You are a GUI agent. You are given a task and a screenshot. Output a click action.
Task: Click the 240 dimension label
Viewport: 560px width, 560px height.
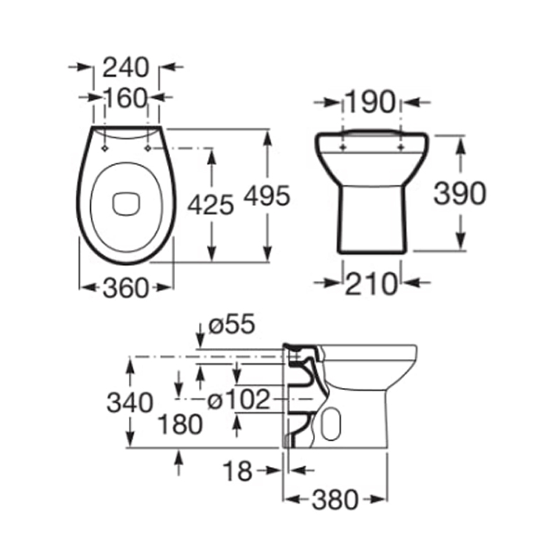[126, 67]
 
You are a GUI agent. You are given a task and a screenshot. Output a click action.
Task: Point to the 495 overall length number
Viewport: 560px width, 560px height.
[267, 197]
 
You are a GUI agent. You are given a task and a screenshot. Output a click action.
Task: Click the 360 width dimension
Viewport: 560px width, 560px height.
[126, 287]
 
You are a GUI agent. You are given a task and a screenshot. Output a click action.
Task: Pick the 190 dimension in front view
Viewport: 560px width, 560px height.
[371, 102]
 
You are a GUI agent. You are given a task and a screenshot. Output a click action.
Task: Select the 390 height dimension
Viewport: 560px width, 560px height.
[459, 193]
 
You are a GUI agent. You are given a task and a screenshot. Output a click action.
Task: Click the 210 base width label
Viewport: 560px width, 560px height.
[371, 283]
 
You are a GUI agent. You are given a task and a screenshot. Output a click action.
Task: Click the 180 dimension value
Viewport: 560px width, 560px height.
[180, 423]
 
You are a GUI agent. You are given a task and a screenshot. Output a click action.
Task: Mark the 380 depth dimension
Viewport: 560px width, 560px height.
[335, 499]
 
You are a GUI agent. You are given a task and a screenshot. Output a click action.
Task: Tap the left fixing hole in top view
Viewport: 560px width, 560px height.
[105, 148]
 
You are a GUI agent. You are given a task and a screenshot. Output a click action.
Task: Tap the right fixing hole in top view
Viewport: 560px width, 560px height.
[148, 148]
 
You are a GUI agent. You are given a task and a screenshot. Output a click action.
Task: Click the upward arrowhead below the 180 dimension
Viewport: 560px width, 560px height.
[180, 456]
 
